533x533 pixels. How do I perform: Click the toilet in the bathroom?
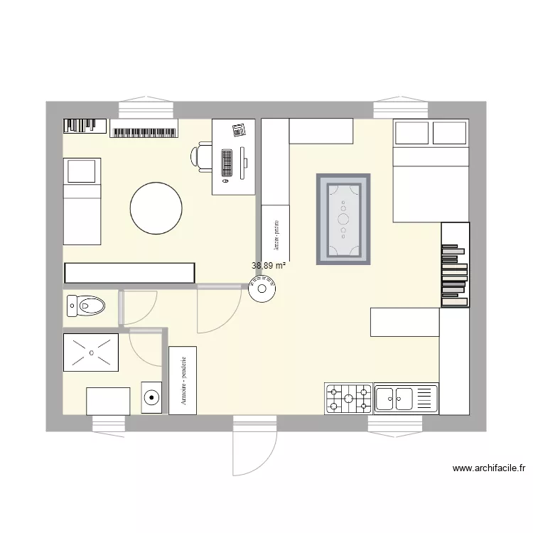(85, 306)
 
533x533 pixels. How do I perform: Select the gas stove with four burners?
(349, 399)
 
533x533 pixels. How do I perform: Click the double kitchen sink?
(406, 399)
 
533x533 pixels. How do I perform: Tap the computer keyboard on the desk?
(227, 163)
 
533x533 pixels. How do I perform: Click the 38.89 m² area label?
(269, 266)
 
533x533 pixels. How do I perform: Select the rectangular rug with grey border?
(343, 218)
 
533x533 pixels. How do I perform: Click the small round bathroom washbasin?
(151, 398)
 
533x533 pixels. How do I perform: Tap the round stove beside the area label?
(263, 290)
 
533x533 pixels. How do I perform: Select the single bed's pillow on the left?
(82, 171)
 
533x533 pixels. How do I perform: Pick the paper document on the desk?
(239, 129)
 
